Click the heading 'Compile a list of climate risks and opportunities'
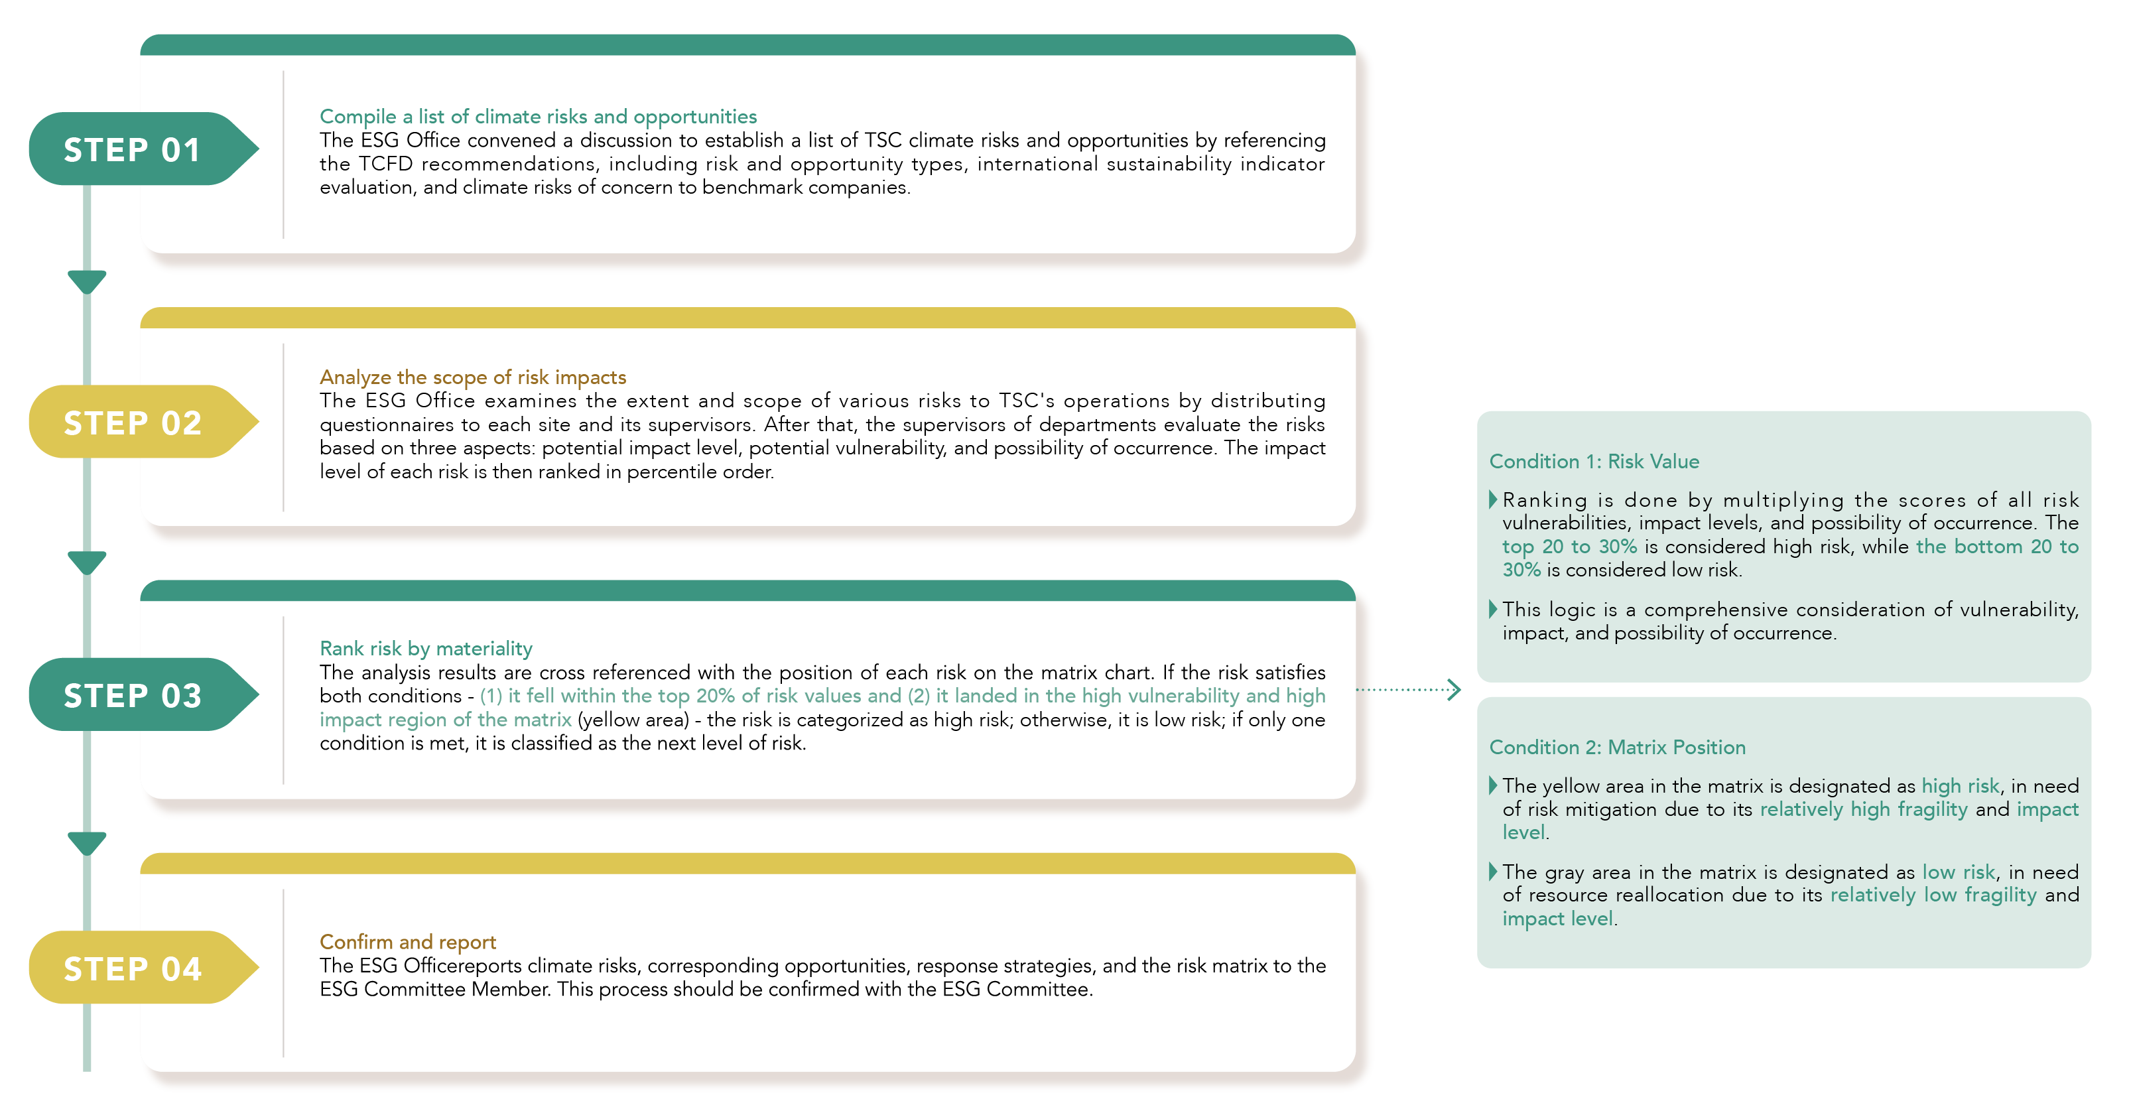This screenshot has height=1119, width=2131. tap(538, 117)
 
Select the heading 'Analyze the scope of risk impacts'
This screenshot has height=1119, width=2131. tap(472, 377)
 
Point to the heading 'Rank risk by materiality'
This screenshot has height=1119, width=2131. tap(425, 649)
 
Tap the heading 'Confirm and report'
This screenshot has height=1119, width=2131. tap(407, 942)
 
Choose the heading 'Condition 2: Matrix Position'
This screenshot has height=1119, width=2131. tap(1616, 748)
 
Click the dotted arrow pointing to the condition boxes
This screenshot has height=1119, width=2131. tap(1408, 690)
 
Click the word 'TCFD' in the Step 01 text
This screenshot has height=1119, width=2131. tap(385, 164)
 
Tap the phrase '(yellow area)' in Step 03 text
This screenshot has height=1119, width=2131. tap(633, 720)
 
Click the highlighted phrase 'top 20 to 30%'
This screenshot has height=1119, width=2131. tap(1569, 547)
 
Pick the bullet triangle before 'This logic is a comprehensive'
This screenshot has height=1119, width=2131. tap(1493, 610)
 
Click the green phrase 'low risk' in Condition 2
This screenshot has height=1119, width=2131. tap(1958, 872)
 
